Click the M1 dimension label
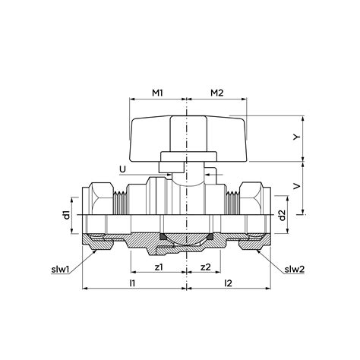coord(158,93)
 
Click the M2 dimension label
coord(216,93)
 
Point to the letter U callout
coord(123,169)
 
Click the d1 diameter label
coord(67,215)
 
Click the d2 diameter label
coord(281,215)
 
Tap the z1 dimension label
coord(158,268)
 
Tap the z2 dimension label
coord(205,268)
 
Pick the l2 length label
coord(229,283)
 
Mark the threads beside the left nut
coord(119,201)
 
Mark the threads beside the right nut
coord(231,201)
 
